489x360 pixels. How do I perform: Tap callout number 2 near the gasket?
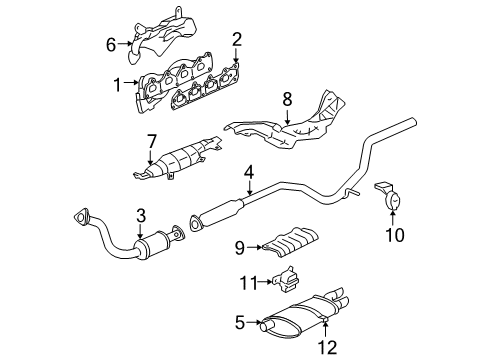tap(237, 39)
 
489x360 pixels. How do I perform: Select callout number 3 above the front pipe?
tap(141, 215)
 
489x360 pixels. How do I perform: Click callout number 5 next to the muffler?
tap(239, 322)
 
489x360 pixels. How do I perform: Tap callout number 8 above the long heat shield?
tap(286, 99)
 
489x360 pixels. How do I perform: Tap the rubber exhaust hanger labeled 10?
tap(391, 201)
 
